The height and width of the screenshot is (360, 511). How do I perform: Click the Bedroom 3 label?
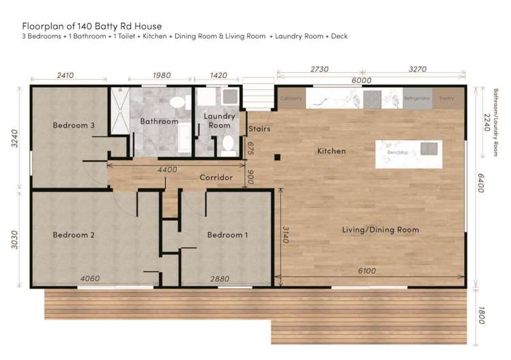[74, 125]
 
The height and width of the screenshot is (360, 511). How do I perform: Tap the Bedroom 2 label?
[74, 235]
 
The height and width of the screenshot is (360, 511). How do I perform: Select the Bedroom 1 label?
[228, 235]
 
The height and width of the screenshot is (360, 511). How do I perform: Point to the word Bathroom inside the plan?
[159, 121]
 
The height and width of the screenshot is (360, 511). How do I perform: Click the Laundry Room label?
[220, 121]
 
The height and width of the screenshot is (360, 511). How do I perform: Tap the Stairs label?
[259, 128]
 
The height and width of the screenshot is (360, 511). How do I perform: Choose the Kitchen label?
[332, 151]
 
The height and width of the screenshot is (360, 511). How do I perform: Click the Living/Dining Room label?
[380, 230]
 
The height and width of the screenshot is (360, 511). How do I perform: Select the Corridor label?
[216, 177]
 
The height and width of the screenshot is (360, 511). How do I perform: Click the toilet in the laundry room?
[229, 144]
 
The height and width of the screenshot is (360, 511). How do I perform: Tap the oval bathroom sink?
[177, 102]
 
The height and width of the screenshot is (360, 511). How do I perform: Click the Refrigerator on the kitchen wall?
[417, 98]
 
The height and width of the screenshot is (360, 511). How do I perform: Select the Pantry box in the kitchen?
[447, 98]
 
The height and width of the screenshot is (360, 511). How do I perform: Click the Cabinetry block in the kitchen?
[291, 98]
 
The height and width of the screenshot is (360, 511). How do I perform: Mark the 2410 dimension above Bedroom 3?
[65, 75]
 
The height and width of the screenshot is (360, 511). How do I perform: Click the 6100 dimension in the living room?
[367, 271]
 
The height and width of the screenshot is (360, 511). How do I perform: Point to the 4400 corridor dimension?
[167, 169]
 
